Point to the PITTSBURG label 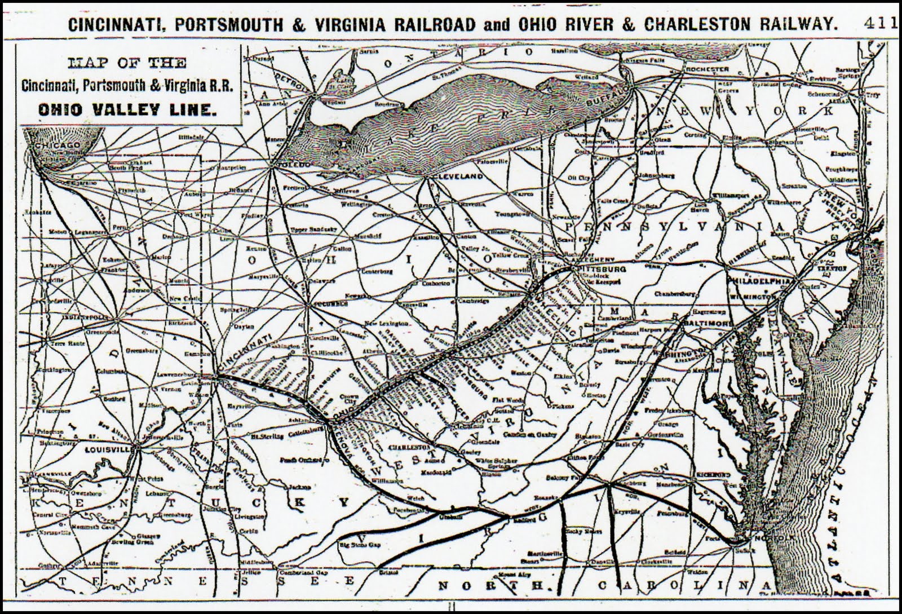pyautogui.click(x=598, y=270)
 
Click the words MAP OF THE pyautogui.click(x=127, y=63)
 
